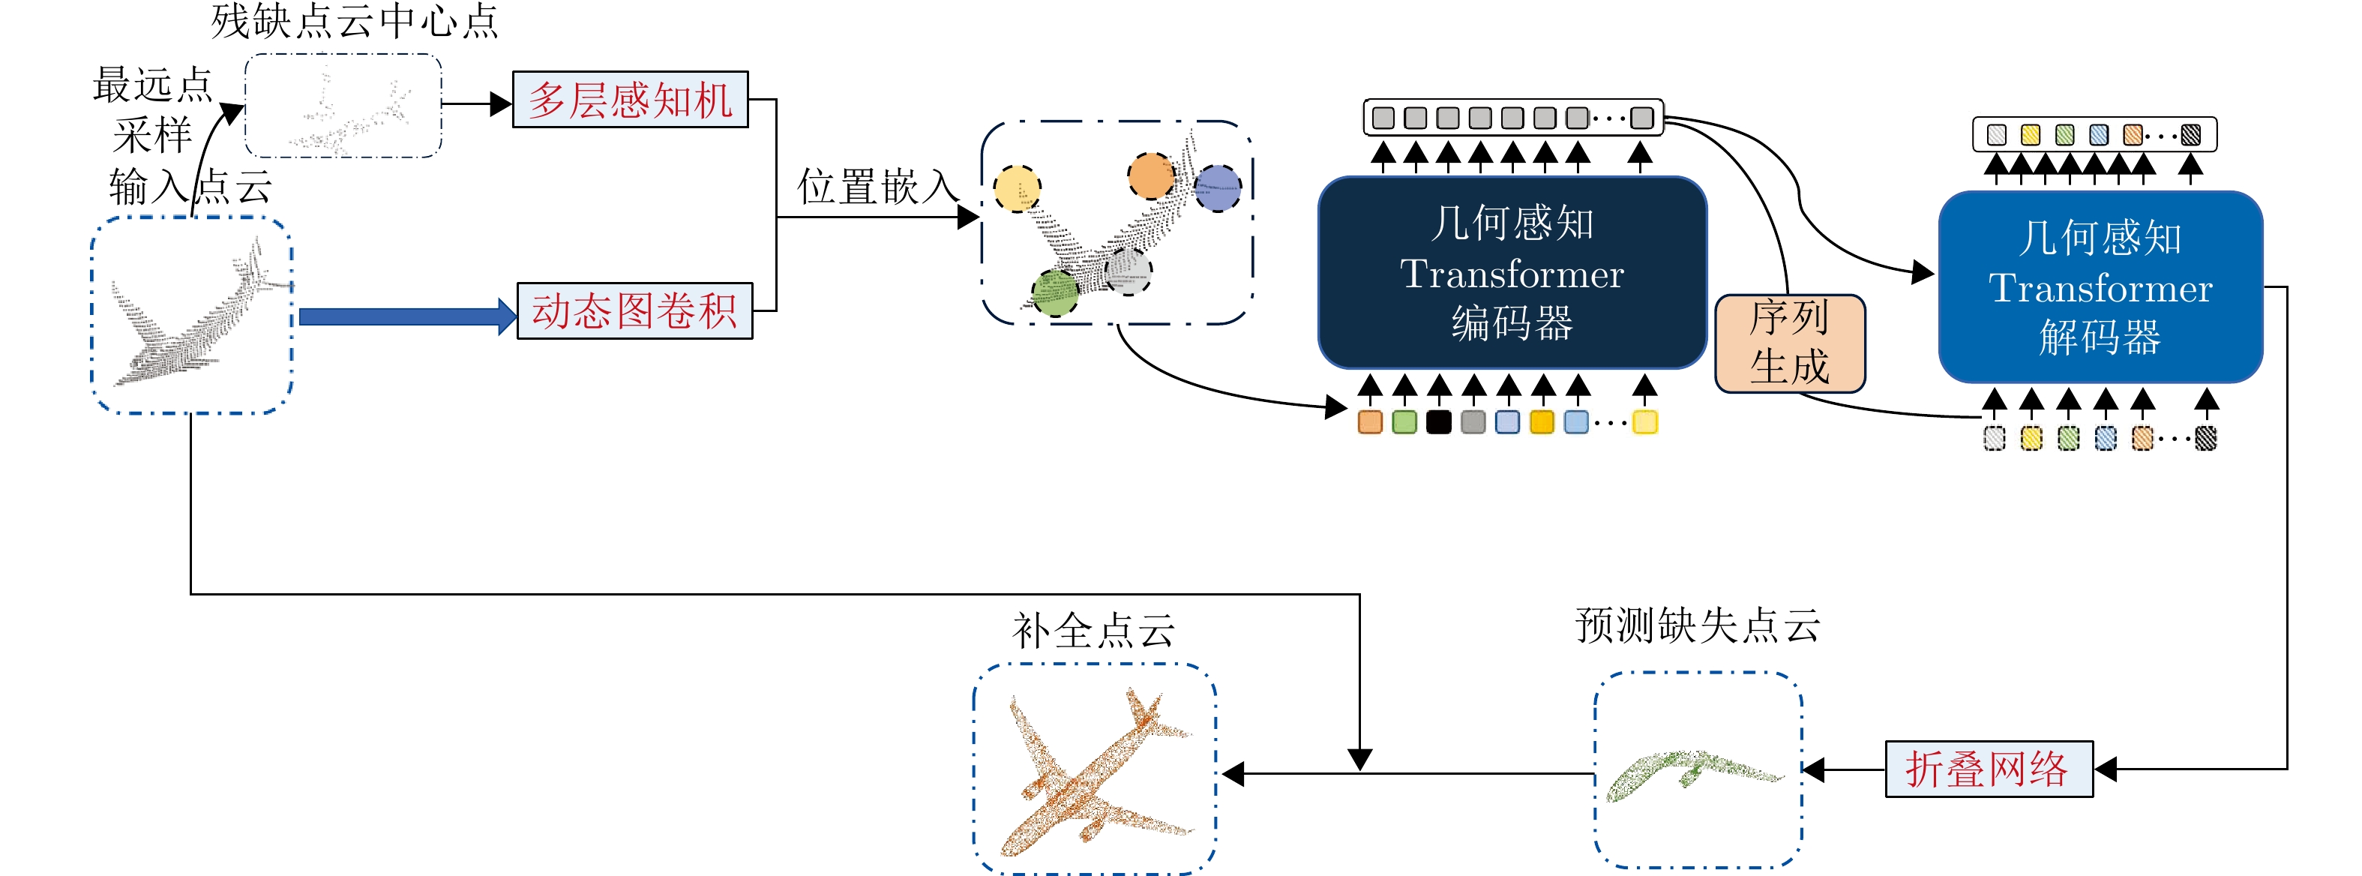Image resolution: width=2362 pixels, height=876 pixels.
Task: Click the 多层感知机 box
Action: (630, 100)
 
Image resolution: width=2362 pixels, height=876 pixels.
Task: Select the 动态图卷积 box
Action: (634, 311)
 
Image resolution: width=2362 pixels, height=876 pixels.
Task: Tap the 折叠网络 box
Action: (1988, 769)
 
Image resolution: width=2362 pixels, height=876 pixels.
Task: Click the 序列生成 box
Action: (1789, 343)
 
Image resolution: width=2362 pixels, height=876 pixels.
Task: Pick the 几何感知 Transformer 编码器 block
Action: (1511, 272)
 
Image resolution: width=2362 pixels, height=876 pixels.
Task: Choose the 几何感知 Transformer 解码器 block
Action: (2100, 287)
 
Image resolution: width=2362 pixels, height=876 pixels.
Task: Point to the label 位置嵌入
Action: (877, 187)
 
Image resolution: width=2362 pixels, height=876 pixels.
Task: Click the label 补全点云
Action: (1093, 631)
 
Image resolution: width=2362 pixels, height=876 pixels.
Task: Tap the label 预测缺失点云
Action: (1697, 626)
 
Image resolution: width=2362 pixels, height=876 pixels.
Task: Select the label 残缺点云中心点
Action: (354, 21)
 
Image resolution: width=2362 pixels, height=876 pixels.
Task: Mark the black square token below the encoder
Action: (1439, 422)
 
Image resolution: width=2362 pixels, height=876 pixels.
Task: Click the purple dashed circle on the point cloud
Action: (1218, 188)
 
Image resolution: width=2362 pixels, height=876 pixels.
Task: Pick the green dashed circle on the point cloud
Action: (1054, 292)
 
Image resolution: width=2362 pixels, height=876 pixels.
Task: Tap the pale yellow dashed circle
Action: (1017, 189)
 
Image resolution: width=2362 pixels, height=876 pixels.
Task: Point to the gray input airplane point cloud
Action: (193, 316)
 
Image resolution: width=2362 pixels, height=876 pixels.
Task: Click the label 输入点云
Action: (190, 187)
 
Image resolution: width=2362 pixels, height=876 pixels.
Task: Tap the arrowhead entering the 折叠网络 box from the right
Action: (2106, 769)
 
